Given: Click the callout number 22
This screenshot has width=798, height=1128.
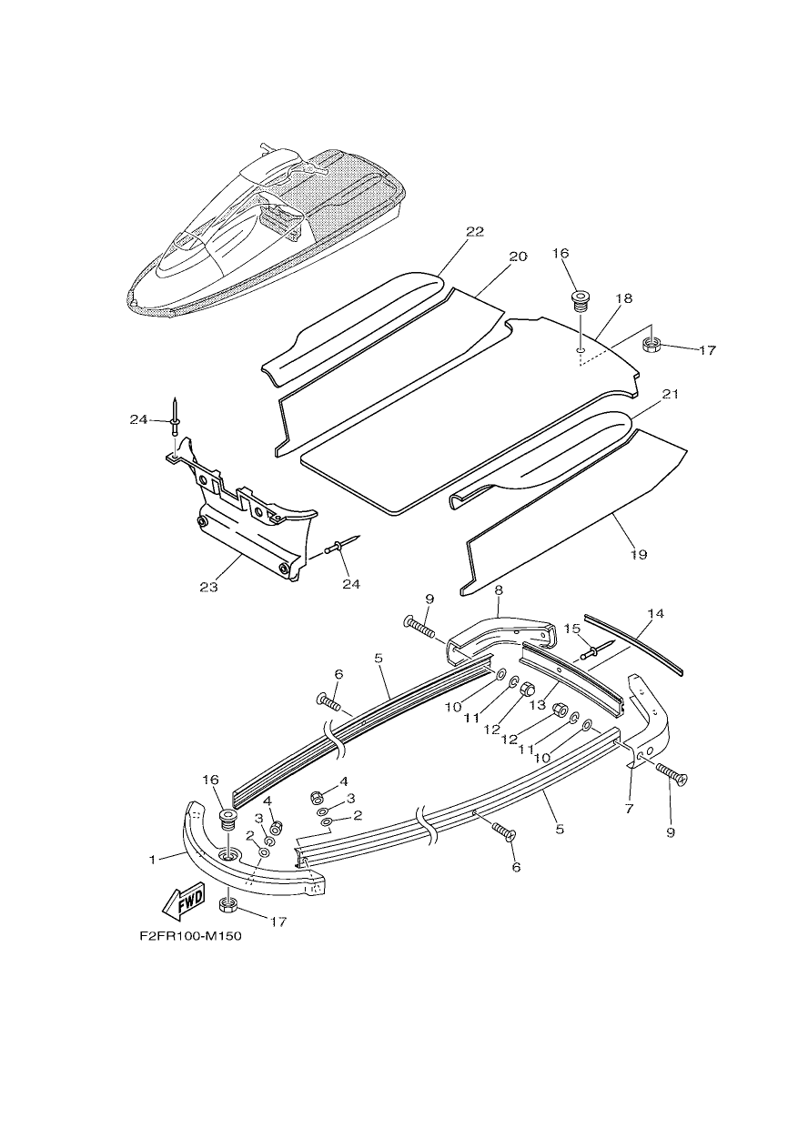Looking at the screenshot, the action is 475,231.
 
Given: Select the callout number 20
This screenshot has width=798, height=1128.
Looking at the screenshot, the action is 518,257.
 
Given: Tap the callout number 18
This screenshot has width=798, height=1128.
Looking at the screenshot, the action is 623,298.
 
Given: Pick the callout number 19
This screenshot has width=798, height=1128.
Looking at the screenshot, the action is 638,555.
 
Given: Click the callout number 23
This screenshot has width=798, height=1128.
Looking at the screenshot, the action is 208,587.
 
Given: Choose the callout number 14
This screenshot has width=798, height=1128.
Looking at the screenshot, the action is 656,613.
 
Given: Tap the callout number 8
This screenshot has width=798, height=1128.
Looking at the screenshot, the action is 499,590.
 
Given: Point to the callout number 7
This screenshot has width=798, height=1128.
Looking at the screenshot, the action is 629,808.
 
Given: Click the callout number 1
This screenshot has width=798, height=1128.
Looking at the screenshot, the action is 153,861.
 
